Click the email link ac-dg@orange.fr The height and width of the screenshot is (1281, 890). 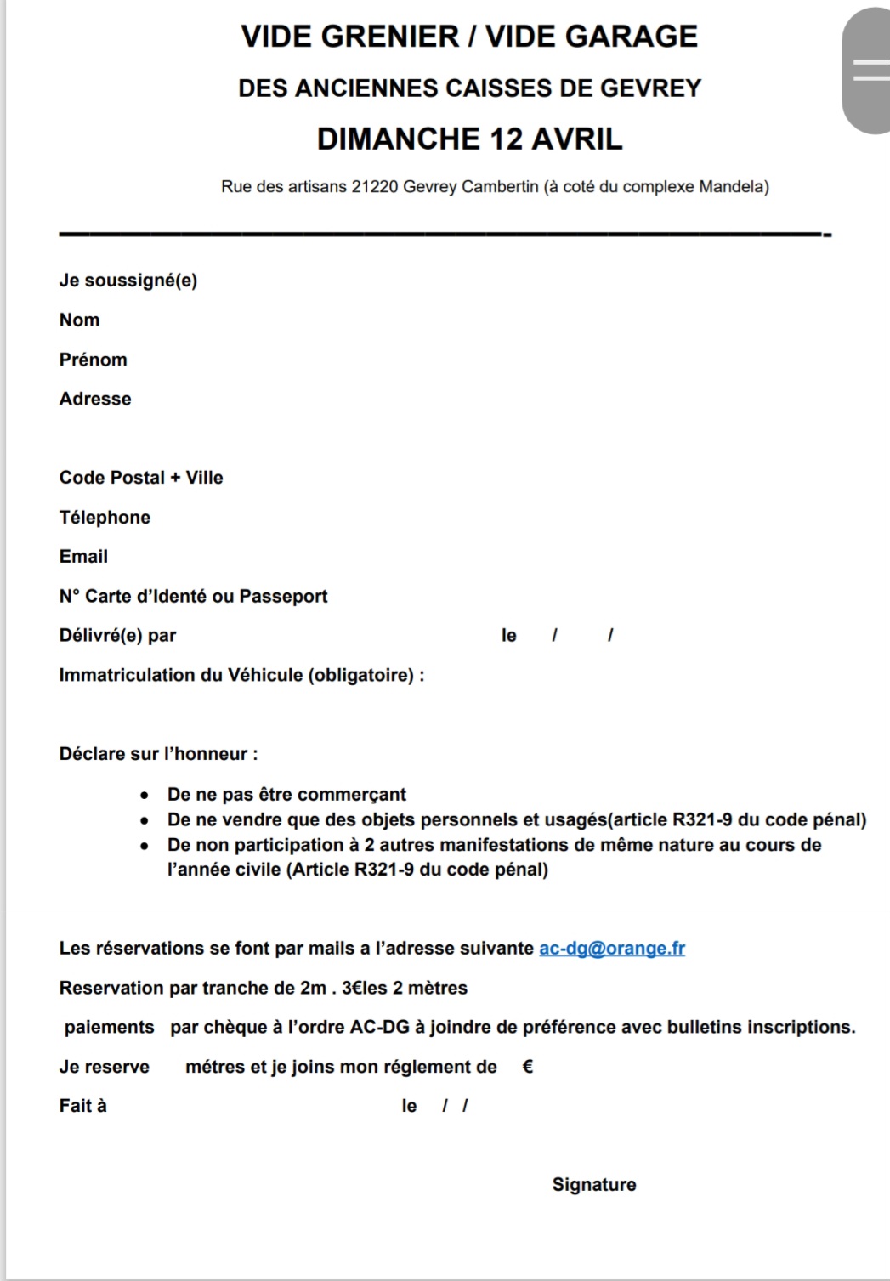coord(612,949)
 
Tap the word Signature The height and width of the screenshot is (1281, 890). coord(594,1185)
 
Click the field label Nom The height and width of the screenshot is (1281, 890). coord(79,320)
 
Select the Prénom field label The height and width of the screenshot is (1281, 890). coord(94,360)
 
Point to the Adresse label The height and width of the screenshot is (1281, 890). coord(95,400)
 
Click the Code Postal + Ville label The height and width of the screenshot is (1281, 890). coord(141,478)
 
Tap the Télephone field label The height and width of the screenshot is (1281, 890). coord(105,518)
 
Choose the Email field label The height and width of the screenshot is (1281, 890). coord(83,557)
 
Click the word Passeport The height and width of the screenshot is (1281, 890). coord(283,597)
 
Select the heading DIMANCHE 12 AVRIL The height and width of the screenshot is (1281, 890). coord(469,139)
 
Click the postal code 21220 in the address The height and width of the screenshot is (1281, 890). coord(375,187)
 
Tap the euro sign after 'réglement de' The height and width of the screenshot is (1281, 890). coord(527,1067)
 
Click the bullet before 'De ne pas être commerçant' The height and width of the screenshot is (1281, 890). coord(145,796)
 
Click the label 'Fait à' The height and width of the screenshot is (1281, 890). coord(82,1106)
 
